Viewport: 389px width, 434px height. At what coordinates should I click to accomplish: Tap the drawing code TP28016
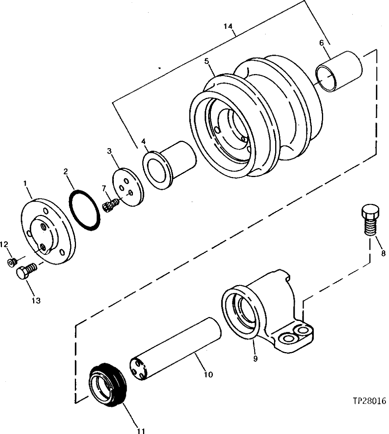click(x=369, y=401)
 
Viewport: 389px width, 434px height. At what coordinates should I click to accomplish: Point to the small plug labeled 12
click(x=12, y=262)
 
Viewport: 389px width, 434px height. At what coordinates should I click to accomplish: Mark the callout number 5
click(x=207, y=61)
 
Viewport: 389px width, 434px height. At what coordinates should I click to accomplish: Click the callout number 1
click(x=25, y=183)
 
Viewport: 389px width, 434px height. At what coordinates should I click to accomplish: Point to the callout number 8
click(x=383, y=253)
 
